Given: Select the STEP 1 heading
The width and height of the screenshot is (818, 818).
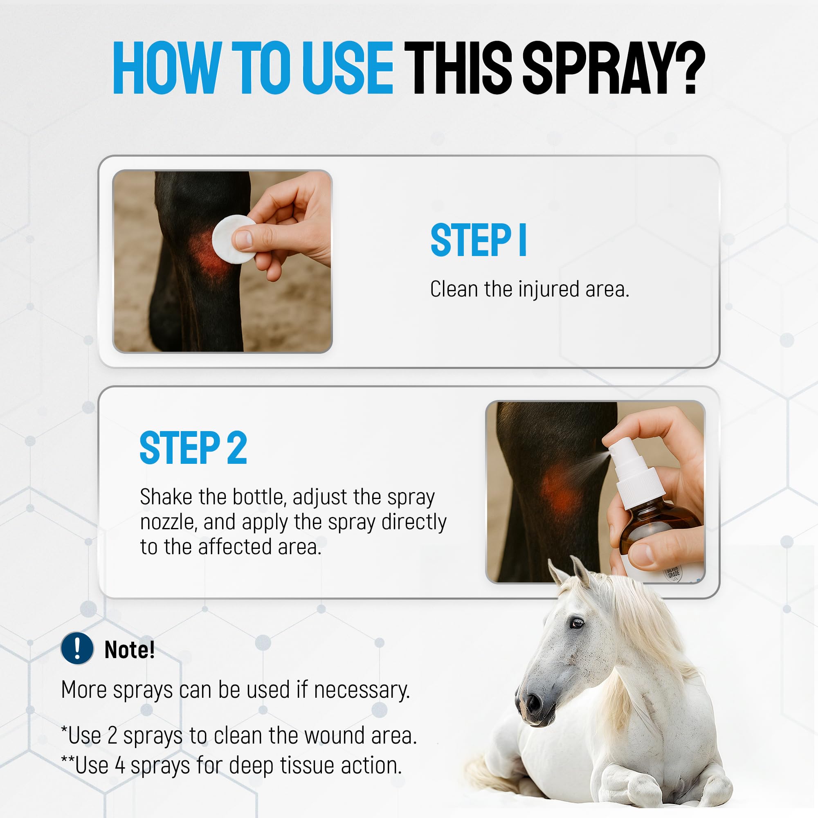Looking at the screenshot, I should [478, 240].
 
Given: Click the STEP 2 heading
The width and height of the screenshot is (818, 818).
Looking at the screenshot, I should [193, 448].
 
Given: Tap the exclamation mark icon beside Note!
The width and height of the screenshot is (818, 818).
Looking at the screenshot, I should [77, 648].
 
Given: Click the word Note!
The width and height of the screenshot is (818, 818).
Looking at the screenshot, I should [130, 649].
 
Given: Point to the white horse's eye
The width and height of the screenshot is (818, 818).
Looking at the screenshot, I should [576, 623].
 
